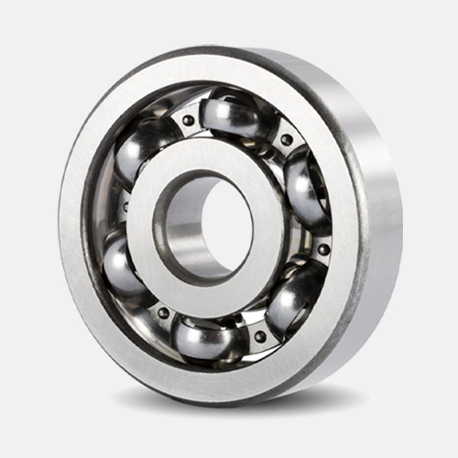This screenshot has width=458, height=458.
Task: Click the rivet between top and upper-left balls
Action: [188, 120]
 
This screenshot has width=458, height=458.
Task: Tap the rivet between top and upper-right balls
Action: [287, 139]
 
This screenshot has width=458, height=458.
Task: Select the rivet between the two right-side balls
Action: [323, 248]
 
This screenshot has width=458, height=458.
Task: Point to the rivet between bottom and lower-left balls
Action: [163, 312]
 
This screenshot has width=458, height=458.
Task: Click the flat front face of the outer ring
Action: [87, 275]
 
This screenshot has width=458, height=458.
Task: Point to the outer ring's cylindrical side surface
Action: [385, 229]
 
